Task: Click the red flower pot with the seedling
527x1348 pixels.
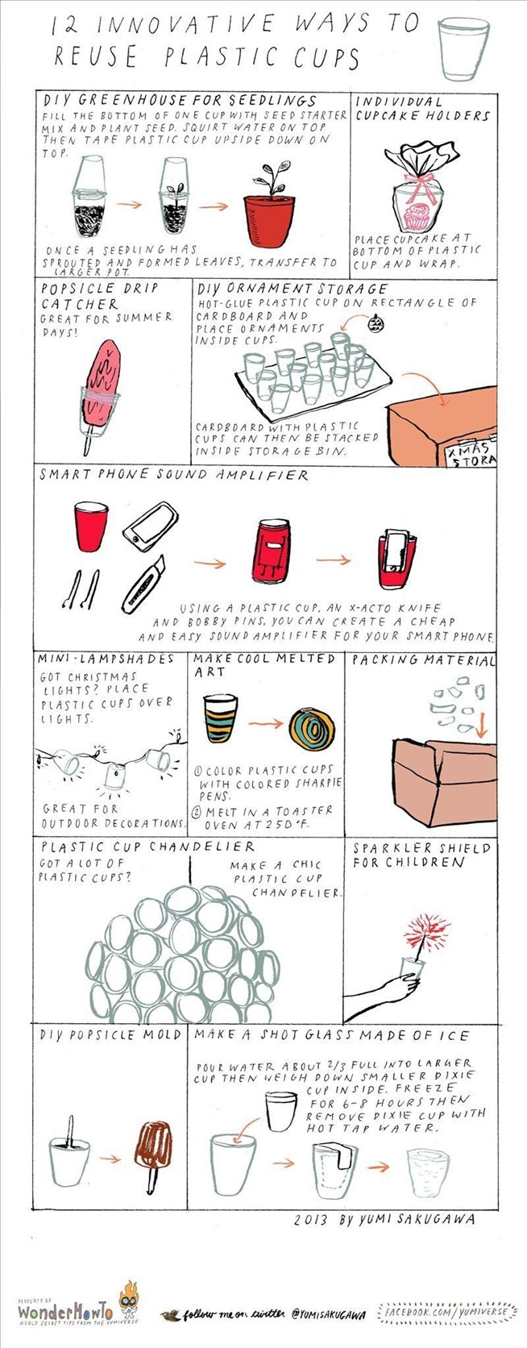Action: point(268,219)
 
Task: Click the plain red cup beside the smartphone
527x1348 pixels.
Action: point(91,526)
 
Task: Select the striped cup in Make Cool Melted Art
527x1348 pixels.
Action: point(220,718)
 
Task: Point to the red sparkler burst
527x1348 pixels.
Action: point(426,932)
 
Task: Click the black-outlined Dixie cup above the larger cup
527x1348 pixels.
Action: point(281,1112)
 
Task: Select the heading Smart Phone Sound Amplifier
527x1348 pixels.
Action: point(174,475)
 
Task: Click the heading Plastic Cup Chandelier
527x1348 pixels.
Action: point(148,847)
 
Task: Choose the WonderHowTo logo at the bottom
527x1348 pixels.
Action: point(65,1310)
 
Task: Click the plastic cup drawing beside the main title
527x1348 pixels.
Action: point(464,48)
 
